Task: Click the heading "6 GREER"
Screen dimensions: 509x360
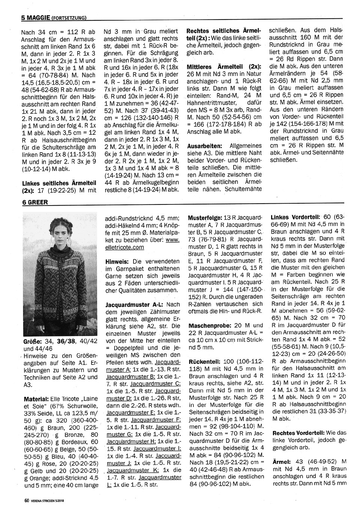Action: click(x=35, y=202)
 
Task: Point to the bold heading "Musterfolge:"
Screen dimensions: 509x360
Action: click(x=205, y=218)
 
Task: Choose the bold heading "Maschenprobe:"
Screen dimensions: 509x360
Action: click(x=209, y=326)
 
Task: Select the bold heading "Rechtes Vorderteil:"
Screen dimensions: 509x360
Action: click(x=297, y=432)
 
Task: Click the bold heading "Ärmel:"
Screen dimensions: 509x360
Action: click(x=280, y=461)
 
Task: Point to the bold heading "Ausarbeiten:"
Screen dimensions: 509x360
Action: click(x=204, y=145)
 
